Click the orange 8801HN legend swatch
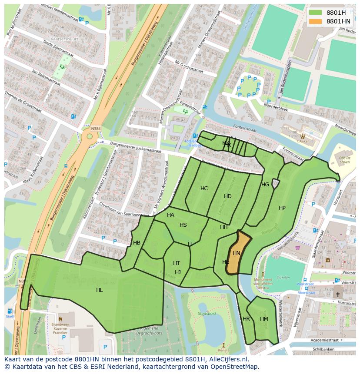coord(316,21)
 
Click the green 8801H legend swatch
coord(316,13)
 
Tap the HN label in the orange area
coord(237,253)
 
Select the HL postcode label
coord(100,290)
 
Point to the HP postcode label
coord(282,208)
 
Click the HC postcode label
coord(204,188)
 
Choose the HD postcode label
coord(228,196)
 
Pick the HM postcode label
coord(264,319)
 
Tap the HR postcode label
coord(247,318)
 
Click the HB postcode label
coord(137,242)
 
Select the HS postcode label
coord(183,225)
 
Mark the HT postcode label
coord(177,263)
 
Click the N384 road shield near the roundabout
coord(96,129)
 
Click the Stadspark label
coord(207,313)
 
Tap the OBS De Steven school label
coord(344,160)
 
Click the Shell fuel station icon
coord(10,311)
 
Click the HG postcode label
coord(265,184)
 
